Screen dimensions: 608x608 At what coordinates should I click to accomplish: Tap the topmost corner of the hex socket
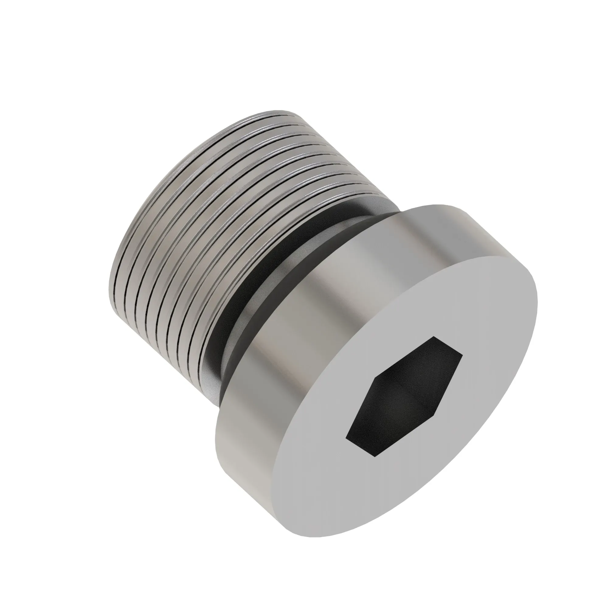435,337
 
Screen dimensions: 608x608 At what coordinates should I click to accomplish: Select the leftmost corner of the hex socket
346,437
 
